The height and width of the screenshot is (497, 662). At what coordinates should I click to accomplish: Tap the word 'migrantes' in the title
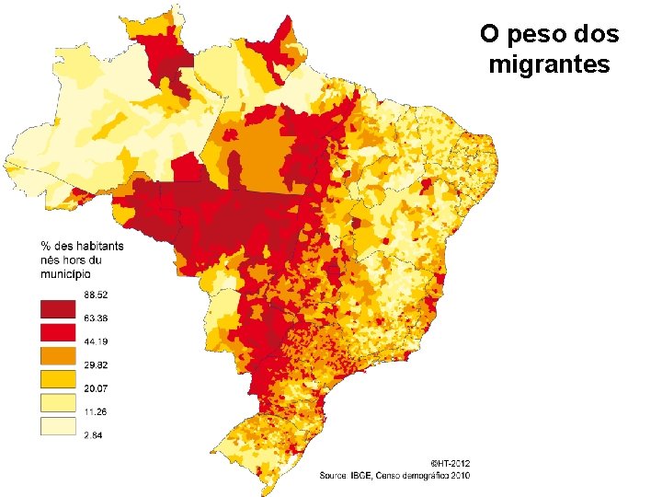point(550,65)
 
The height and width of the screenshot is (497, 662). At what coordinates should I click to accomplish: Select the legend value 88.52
point(96,295)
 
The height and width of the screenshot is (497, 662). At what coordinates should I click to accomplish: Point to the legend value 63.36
point(96,318)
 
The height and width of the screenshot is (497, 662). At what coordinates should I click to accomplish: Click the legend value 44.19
point(96,342)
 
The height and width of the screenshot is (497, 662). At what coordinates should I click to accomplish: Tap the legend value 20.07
point(96,387)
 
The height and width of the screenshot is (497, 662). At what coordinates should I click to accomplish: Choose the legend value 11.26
point(96,411)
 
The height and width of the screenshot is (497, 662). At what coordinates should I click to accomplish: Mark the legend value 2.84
point(93,434)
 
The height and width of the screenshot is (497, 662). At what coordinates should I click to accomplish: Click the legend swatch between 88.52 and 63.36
point(56,307)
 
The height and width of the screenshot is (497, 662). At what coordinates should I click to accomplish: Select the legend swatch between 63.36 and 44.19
point(56,331)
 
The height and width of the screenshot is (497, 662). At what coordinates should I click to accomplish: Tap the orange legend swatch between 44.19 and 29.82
point(56,354)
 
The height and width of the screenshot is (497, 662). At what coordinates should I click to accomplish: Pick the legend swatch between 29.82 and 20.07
point(56,377)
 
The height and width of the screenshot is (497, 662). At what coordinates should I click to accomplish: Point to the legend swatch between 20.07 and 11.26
point(56,401)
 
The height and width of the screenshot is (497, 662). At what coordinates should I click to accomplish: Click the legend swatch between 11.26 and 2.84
point(56,424)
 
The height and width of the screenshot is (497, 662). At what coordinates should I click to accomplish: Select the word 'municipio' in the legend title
point(65,273)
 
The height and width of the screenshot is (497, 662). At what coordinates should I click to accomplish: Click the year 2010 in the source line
point(460,475)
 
